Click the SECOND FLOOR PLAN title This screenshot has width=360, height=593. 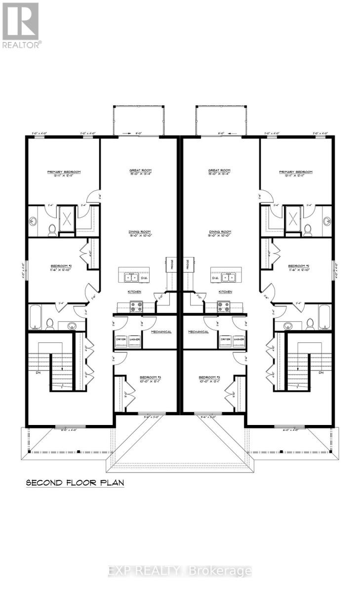point(75,482)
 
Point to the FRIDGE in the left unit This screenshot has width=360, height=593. point(168,265)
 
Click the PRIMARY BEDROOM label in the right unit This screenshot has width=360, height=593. point(296,172)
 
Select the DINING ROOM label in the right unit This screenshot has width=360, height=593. point(220,232)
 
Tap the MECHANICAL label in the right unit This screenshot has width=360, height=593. point(198,332)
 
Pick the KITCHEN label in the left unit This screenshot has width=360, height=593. point(135,292)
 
